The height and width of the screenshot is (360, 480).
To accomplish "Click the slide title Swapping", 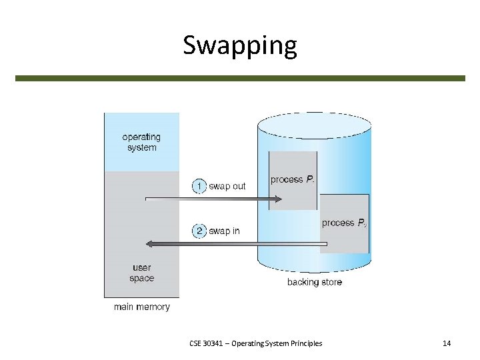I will tap(240, 45).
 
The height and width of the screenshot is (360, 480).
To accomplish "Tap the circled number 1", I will tap(199, 186).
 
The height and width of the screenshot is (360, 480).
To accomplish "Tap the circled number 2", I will tap(199, 231).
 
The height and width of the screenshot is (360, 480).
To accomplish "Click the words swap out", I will tap(227, 186).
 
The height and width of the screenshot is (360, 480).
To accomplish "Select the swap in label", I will tap(224, 231).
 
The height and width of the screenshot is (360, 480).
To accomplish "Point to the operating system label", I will tap(141, 143).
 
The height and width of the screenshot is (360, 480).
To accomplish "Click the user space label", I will tap(141, 273).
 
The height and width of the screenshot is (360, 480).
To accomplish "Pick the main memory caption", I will tap(141, 307).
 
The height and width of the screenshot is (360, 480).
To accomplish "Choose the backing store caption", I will tap(315, 282).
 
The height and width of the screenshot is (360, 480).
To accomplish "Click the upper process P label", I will tap(293, 179).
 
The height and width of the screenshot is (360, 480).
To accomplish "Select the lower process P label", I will tap(344, 223).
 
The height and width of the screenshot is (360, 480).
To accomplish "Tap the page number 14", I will tap(447, 343).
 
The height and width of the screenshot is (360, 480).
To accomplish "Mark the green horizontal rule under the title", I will tap(240, 78).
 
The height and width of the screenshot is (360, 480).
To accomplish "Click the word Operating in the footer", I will tap(247, 343).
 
